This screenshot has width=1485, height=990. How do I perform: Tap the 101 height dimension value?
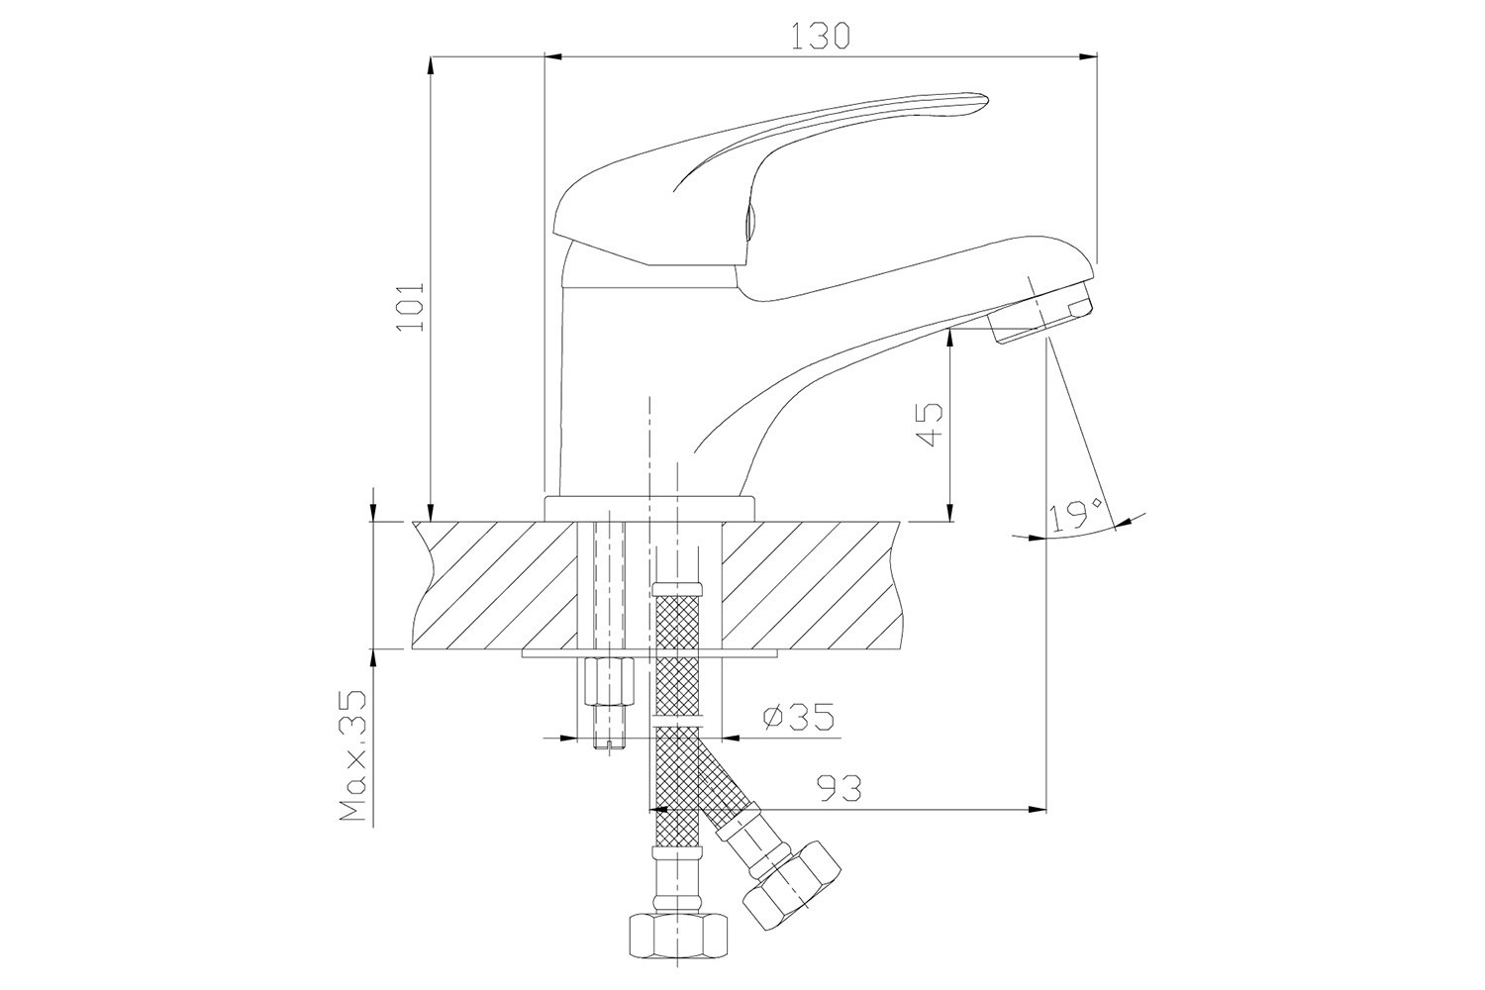click(x=410, y=308)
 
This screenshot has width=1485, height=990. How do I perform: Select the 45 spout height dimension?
click(x=930, y=425)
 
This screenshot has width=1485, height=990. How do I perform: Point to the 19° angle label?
click(x=1077, y=515)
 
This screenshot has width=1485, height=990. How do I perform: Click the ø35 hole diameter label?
click(x=798, y=717)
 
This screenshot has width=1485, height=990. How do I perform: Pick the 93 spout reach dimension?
click(x=840, y=788)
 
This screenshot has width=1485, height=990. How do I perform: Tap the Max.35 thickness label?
click(x=352, y=756)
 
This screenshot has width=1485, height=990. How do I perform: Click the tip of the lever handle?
click(x=988, y=102)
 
